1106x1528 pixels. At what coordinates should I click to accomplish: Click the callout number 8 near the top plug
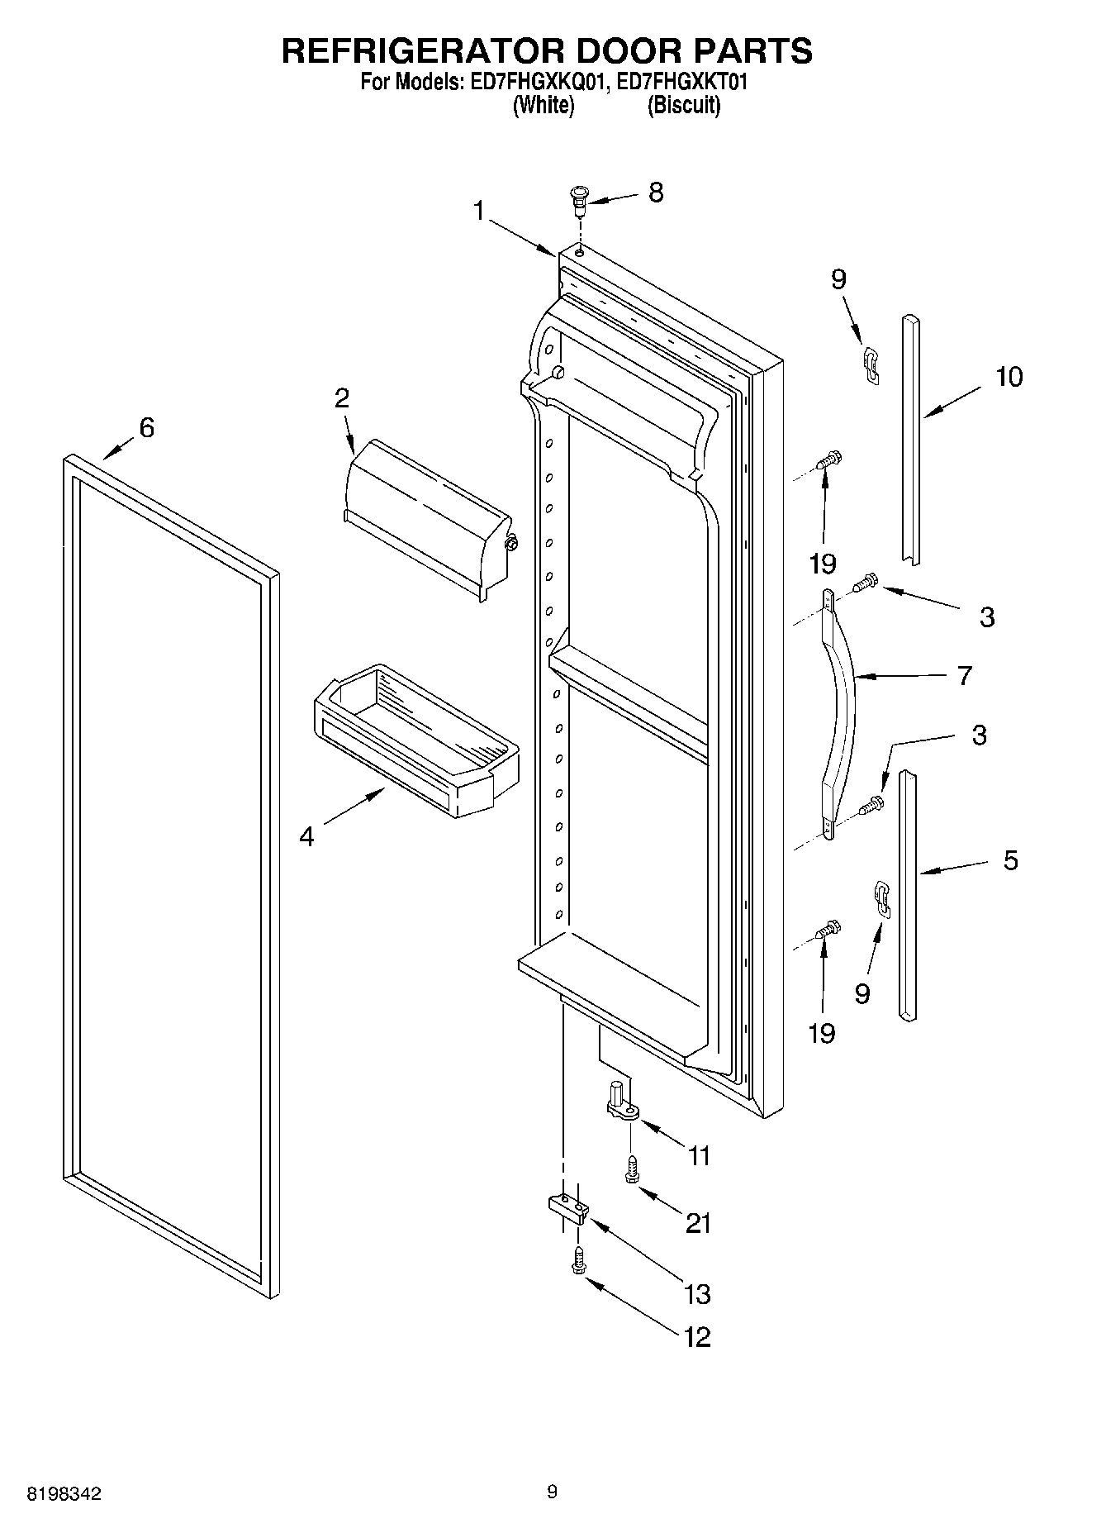655,193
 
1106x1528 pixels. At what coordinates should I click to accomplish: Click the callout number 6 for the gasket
146,428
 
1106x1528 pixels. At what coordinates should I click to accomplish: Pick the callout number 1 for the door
478,212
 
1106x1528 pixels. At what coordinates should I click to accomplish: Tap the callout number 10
1009,377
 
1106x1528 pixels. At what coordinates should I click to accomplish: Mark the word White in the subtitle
543,106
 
